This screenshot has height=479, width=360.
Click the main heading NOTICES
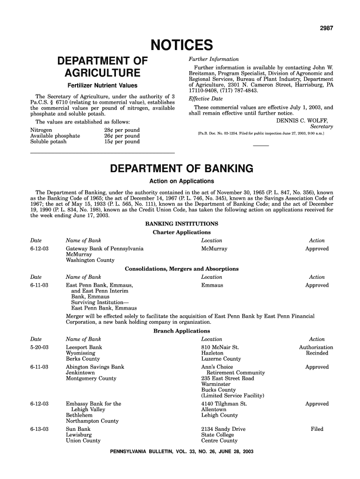(181, 46)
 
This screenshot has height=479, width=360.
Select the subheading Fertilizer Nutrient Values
(102, 86)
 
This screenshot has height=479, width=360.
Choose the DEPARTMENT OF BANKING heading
(181, 168)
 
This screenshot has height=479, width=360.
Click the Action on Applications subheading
(181, 181)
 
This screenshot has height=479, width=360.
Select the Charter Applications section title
(181, 232)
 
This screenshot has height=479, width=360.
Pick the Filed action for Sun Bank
(317, 429)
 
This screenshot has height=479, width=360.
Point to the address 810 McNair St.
(220, 348)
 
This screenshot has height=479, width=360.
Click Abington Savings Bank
(95, 367)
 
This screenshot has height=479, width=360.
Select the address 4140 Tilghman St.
(224, 404)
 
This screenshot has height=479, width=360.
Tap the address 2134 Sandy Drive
(223, 429)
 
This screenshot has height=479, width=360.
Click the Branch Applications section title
(181, 331)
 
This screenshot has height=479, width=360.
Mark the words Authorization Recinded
(316, 350)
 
